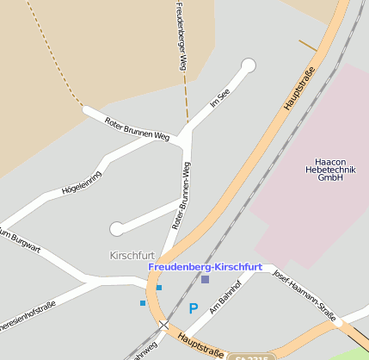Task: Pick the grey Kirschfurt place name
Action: pyautogui.click(x=132, y=256)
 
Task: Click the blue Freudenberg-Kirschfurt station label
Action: pyautogui.click(x=205, y=267)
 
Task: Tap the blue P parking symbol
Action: pyautogui.click(x=194, y=308)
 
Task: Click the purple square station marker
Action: pyautogui.click(x=205, y=279)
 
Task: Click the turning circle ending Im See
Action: pyautogui.click(x=249, y=65)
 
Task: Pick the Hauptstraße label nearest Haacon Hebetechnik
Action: pyautogui.click(x=300, y=90)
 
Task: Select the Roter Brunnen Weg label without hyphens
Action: pyautogui.click(x=136, y=128)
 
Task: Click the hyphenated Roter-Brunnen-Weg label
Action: pyautogui.click(x=181, y=195)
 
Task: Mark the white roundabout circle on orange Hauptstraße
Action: pyautogui.click(x=339, y=322)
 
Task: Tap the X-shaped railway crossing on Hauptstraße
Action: pyautogui.click(x=163, y=324)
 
